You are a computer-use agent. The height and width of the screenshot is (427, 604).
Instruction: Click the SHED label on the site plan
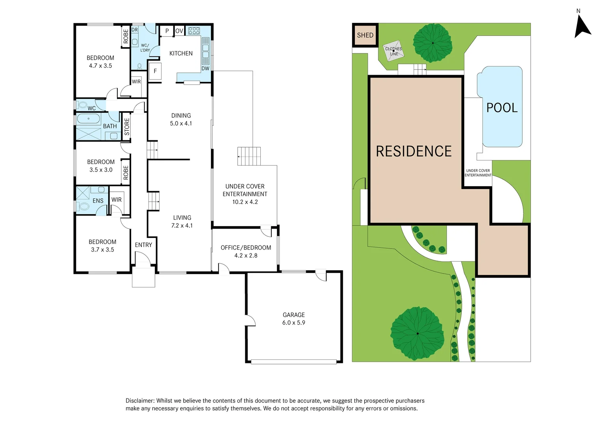365,35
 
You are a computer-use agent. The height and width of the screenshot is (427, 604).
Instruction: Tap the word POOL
502,108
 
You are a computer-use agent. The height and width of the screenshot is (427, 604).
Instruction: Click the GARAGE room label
294,315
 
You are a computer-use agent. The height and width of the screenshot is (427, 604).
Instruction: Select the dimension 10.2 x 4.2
245,202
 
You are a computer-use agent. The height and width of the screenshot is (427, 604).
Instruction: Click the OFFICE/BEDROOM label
246,248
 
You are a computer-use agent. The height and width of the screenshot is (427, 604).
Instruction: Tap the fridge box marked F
155,71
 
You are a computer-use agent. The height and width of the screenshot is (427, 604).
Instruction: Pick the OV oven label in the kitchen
179,31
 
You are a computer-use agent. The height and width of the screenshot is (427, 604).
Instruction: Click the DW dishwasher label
205,68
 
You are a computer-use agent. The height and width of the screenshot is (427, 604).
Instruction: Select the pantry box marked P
167,31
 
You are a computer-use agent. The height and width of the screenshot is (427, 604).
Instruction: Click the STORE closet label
127,127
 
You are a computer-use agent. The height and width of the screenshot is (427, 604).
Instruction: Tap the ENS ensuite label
98,201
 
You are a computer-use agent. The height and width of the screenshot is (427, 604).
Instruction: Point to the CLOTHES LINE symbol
394,51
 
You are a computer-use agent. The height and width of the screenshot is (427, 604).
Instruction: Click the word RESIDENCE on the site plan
414,151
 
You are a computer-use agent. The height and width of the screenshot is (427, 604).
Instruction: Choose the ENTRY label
143,245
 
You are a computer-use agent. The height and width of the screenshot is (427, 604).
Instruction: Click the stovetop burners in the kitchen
194,31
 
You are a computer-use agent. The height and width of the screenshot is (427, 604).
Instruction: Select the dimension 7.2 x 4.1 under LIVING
182,225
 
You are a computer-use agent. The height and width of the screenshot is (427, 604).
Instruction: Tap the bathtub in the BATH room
88,119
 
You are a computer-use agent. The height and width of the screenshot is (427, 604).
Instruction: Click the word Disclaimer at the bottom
140,401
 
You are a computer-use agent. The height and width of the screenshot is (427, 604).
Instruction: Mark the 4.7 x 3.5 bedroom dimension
100,66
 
